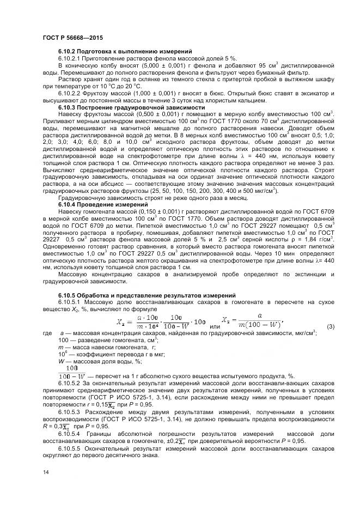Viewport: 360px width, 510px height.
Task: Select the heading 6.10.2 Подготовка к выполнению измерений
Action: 125,51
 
